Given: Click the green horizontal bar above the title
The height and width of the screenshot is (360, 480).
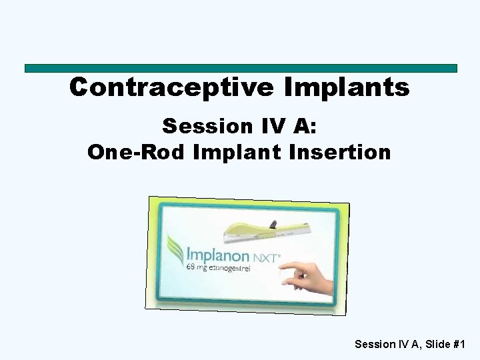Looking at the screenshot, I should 240,68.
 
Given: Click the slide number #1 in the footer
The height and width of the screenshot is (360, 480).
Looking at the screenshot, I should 459,344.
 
